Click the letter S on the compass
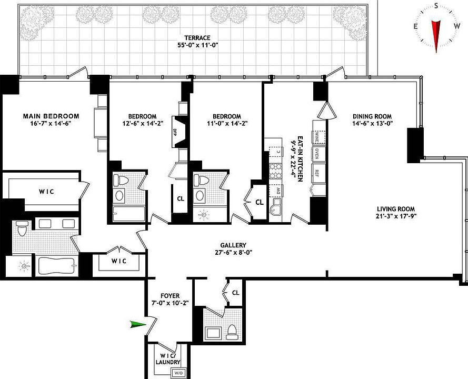(436, 5)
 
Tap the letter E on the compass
(415, 26)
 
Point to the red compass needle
(436, 32)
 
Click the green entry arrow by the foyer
(138, 325)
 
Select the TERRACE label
(197, 38)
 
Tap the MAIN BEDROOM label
(51, 116)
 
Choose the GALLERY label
(233, 245)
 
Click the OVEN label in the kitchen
(317, 154)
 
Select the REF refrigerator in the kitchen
(317, 172)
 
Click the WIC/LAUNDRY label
(168, 358)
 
